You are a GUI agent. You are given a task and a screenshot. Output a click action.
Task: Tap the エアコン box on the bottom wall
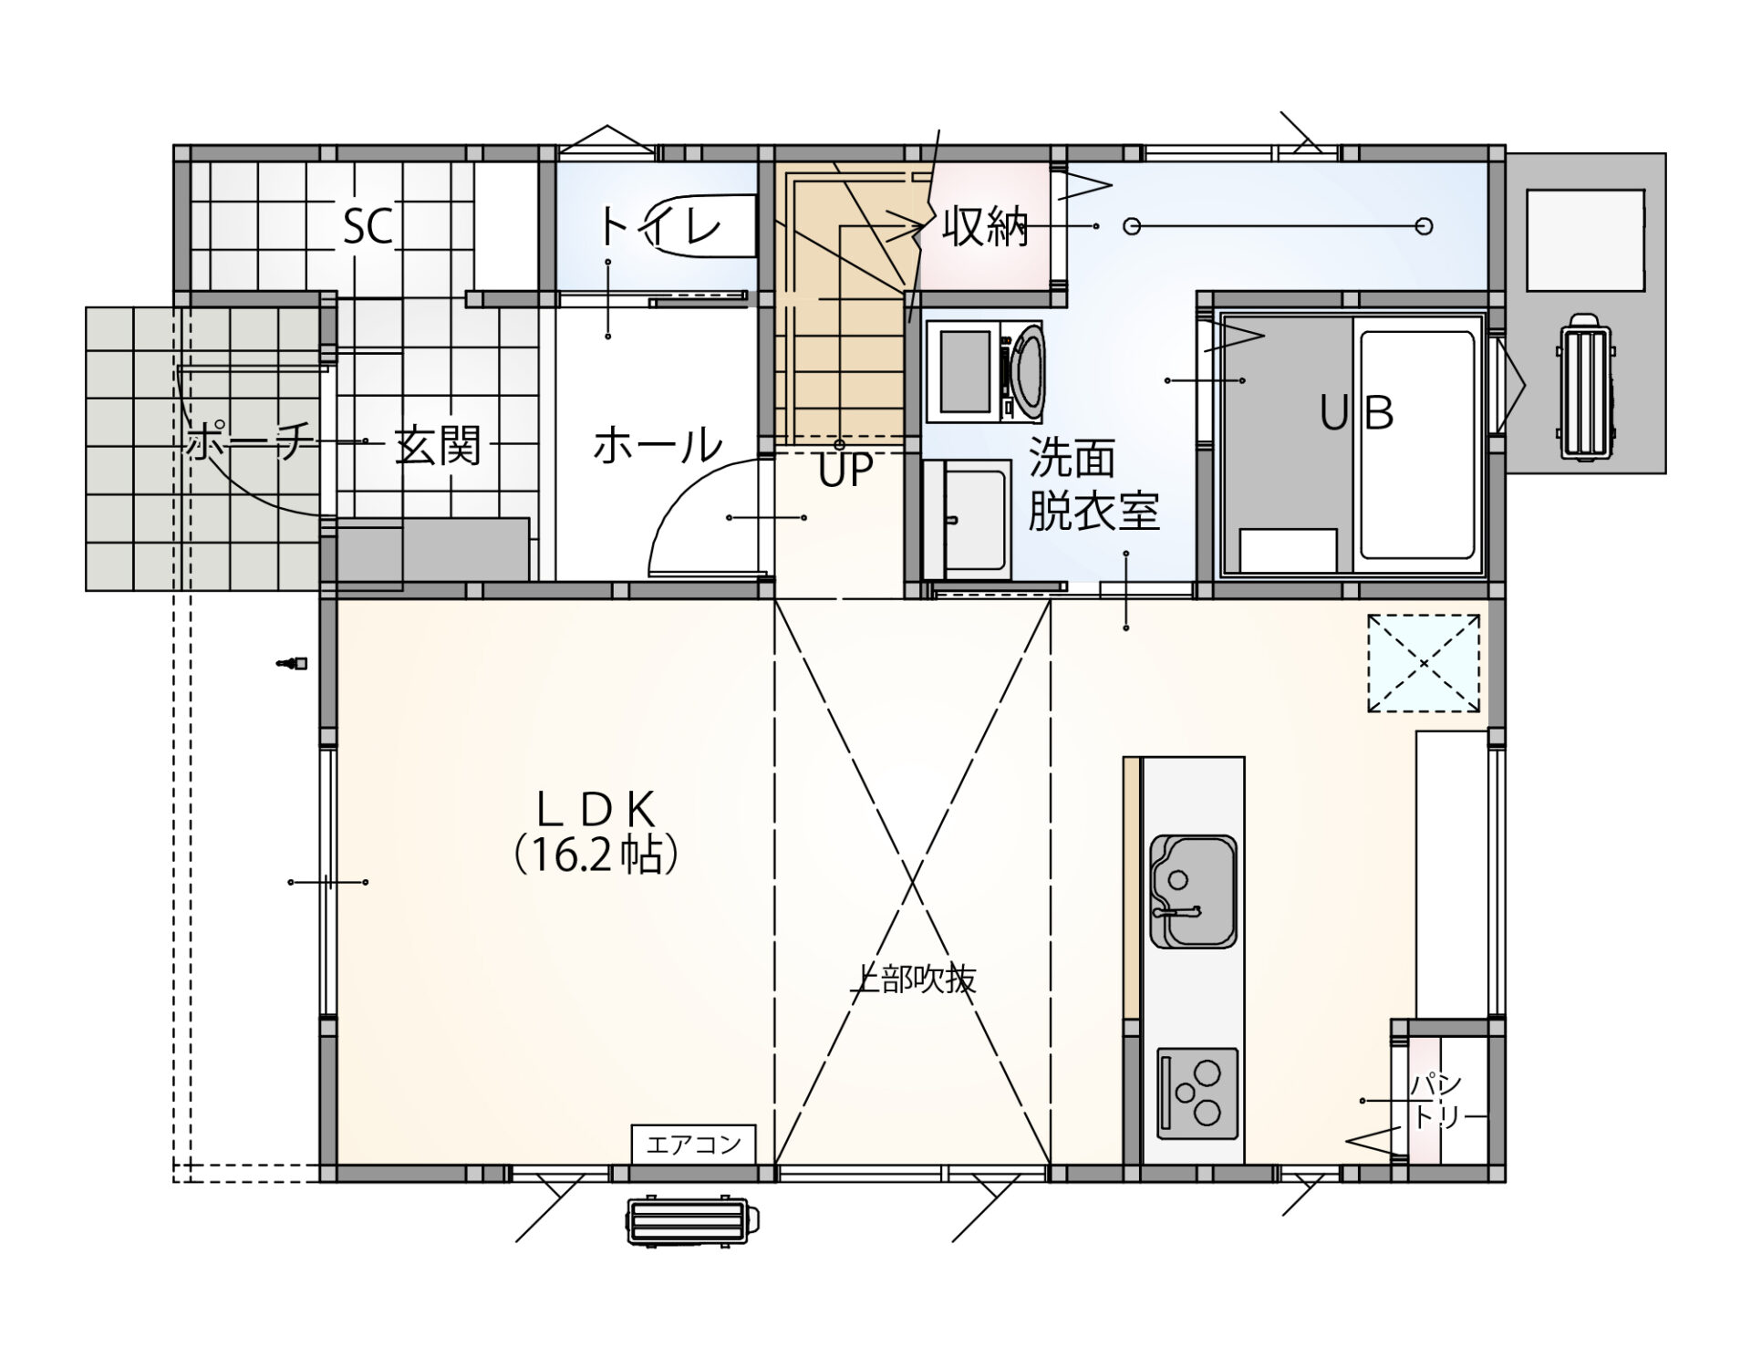coord(693,1144)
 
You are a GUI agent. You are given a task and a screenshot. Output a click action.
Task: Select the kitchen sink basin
coord(1193,891)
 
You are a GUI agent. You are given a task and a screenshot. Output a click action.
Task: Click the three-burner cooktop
coord(1197,1093)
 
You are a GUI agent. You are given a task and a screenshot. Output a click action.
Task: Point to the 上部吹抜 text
coord(912,979)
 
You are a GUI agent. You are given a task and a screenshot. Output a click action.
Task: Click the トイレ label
coord(660,226)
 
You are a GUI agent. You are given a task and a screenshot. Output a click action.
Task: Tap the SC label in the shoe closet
coord(368,226)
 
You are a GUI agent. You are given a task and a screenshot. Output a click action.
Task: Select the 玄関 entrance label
coord(437,446)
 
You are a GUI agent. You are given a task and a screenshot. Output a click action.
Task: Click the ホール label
coord(657,446)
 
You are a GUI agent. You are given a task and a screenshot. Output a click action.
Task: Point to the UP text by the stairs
coord(845,471)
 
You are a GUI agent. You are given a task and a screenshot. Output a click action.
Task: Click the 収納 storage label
coord(985,226)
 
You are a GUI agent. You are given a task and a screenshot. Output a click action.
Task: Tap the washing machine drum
coord(1029,371)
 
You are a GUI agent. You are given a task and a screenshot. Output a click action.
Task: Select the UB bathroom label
coord(1357,413)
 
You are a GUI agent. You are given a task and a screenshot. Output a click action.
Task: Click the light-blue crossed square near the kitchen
coord(1423,663)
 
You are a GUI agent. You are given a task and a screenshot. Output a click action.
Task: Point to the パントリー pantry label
coord(1436,1101)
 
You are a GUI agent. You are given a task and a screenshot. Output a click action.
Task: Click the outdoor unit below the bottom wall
coord(689,1219)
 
